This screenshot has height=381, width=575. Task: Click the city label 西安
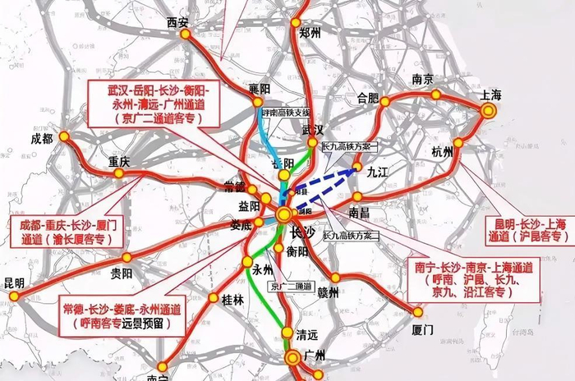click(x=177, y=21)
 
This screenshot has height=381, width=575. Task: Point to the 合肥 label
click(x=368, y=98)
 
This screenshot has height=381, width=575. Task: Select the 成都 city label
click(x=41, y=139)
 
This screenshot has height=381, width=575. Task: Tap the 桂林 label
click(x=232, y=301)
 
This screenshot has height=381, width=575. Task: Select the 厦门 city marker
click(x=417, y=312)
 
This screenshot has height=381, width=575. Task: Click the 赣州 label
click(x=328, y=291)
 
